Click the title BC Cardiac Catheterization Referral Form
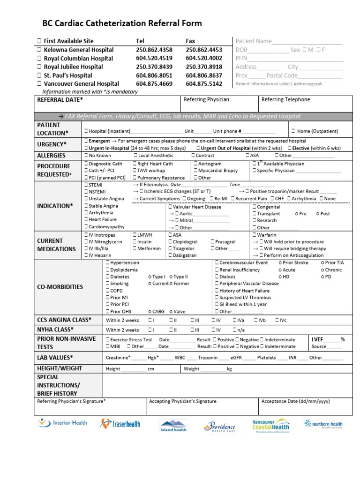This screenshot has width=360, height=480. coord(122,23)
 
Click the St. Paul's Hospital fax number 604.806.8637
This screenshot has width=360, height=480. coord(204,75)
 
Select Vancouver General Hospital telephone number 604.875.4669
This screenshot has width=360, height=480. coord(154,83)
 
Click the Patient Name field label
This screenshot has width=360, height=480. coord(254,41)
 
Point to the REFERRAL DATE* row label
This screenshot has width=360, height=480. coord(60,100)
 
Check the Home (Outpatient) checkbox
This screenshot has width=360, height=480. coord(293,131)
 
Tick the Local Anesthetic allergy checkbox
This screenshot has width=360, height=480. coord(135,156)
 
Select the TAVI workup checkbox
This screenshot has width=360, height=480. coord(135,171)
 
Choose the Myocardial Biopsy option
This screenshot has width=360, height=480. coord(195,171)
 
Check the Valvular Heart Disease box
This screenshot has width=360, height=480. coord(170,207)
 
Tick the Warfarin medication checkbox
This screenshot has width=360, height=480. coord(255,235)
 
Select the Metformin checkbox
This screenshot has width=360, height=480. coord(135,248)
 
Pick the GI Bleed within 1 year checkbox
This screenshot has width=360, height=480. coord(217,304)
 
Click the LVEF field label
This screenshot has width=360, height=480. coord(318,339)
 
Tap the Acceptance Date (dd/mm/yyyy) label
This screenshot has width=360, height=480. coord(295,402)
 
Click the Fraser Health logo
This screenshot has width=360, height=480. coord(120,424)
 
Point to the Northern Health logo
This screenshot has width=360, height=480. coord(323,424)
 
